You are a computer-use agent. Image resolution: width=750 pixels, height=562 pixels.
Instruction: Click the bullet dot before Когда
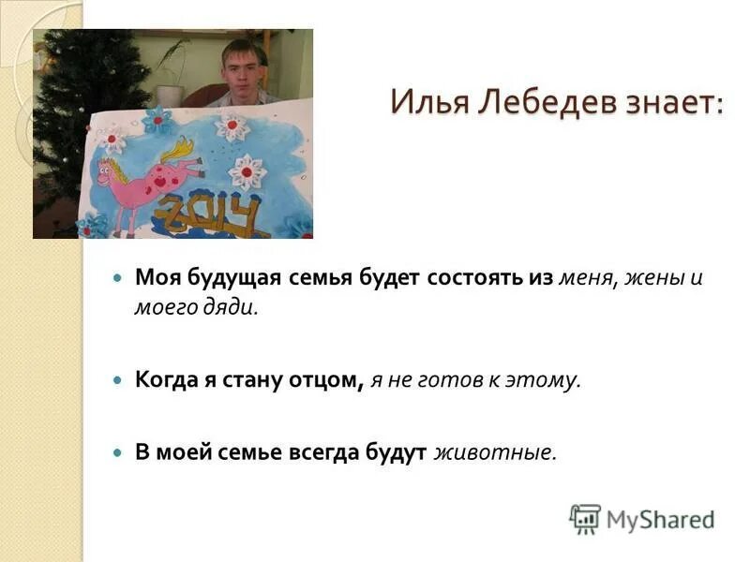coord(117,380)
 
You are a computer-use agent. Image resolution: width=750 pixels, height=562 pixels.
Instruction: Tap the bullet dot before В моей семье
coord(117,452)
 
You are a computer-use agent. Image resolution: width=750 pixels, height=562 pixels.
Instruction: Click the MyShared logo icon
coord(585,519)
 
